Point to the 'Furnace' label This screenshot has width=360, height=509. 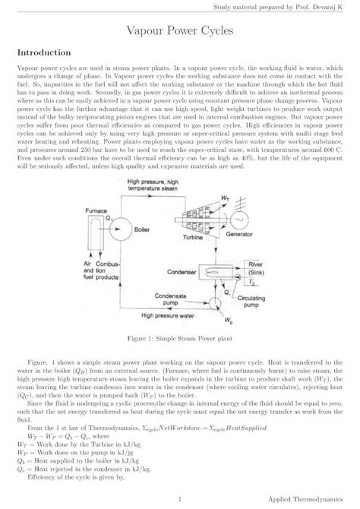click(95, 208)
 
